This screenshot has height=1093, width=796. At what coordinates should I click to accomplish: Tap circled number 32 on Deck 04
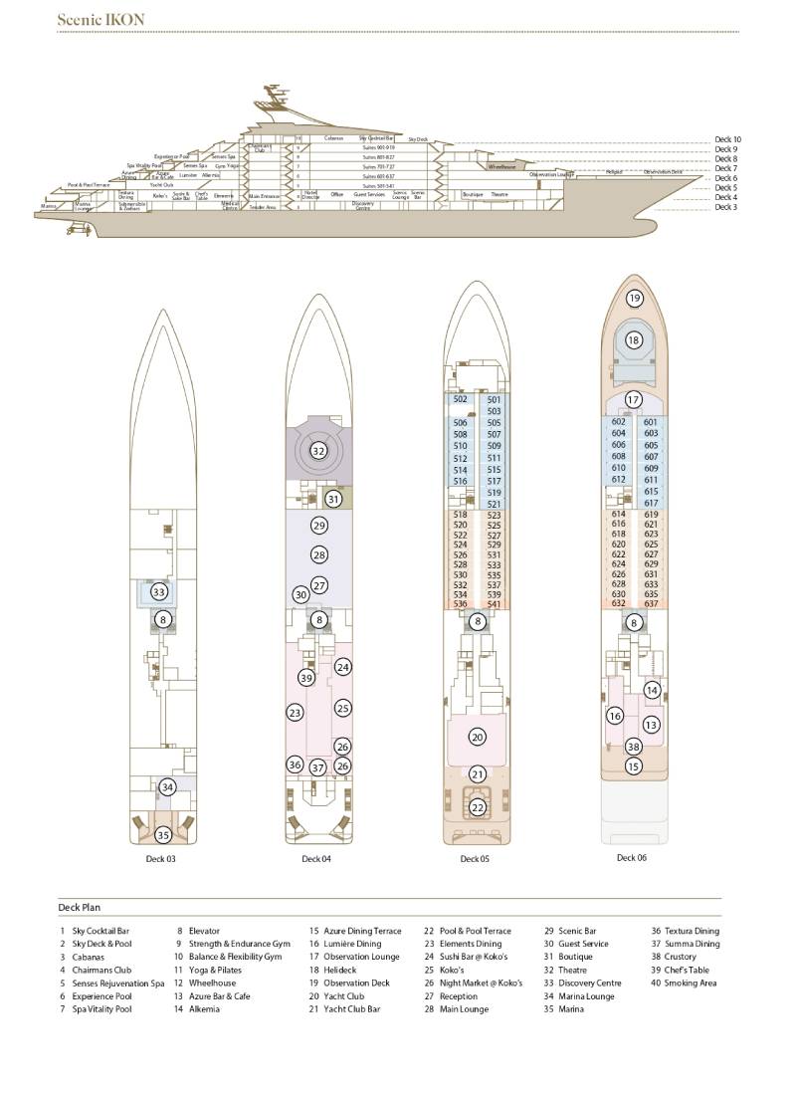[318, 450]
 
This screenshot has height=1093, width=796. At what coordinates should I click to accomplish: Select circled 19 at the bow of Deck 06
[635, 298]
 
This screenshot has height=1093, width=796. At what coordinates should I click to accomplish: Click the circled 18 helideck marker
[634, 339]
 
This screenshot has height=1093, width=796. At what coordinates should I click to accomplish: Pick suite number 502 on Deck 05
[460, 399]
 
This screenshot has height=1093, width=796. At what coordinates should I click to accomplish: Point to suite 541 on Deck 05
[494, 604]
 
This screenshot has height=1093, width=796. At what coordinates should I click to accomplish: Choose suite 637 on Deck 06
[651, 603]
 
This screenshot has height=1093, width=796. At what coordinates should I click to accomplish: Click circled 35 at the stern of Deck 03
[163, 835]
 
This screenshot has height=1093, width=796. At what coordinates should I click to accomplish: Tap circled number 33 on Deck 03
[159, 591]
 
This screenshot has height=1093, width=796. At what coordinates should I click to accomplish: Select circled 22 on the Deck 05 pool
[478, 807]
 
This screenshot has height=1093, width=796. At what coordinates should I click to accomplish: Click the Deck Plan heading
[81, 907]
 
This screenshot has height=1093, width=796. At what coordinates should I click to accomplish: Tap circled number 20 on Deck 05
[478, 737]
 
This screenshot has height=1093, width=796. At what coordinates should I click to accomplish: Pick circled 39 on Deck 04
[306, 677]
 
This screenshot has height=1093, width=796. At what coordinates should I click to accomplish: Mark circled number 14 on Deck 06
[652, 690]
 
